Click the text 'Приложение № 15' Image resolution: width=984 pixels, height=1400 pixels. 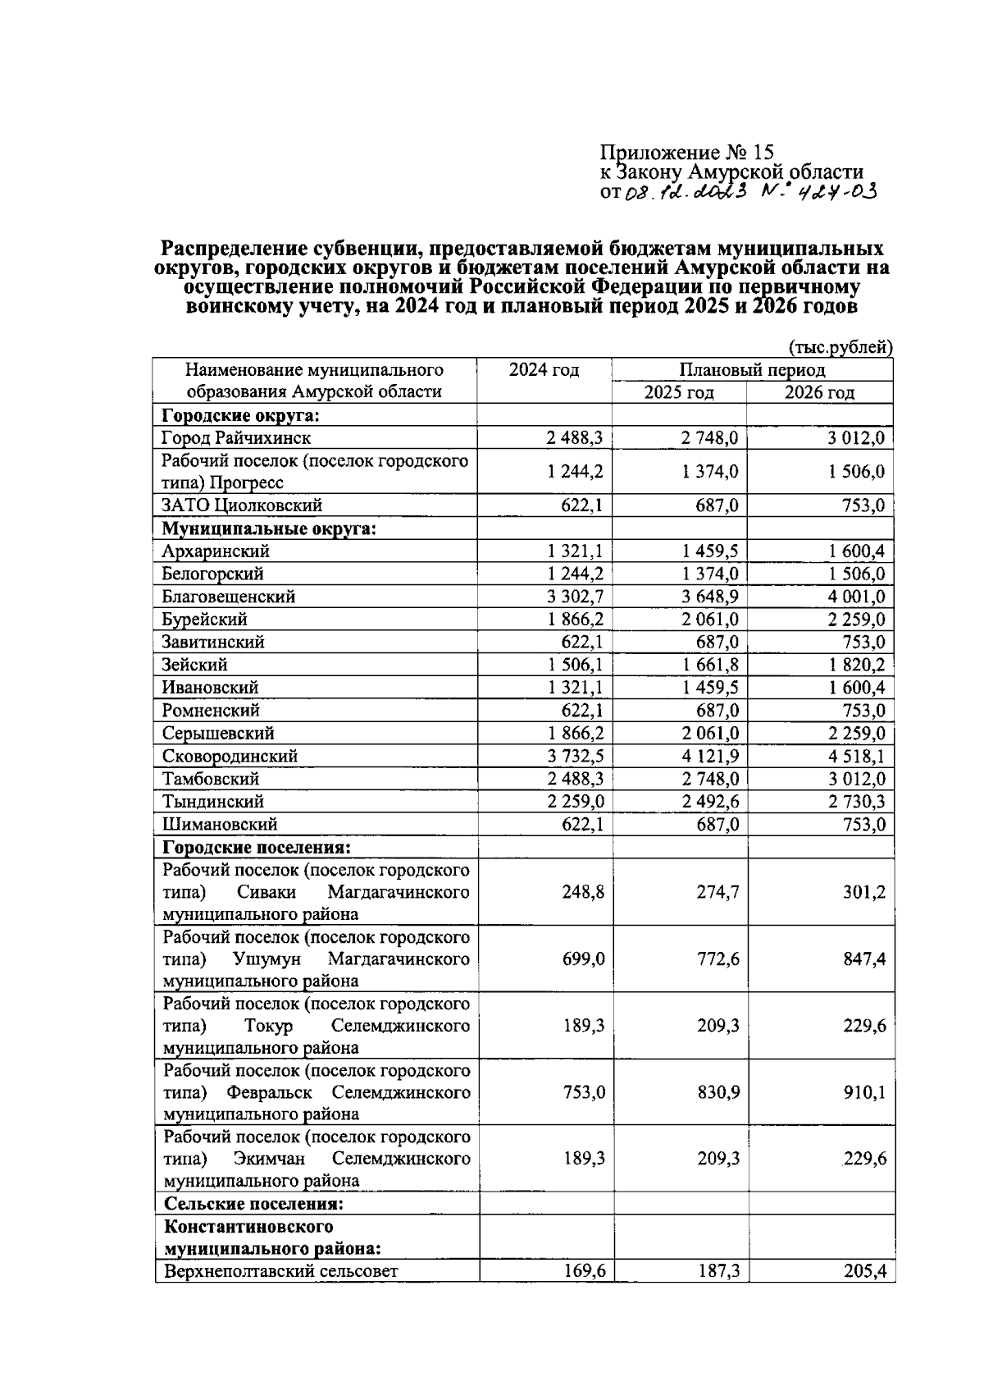(x=686, y=153)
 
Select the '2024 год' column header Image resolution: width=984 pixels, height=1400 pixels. (x=544, y=370)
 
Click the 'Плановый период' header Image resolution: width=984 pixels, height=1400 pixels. (x=752, y=370)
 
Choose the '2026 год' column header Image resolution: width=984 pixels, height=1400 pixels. (x=819, y=392)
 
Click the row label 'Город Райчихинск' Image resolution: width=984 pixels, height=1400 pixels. (x=236, y=438)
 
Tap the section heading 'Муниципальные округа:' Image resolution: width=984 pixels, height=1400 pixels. (x=269, y=528)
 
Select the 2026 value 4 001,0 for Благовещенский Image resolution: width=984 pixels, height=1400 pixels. (x=855, y=597)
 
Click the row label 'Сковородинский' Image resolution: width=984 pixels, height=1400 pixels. (x=230, y=756)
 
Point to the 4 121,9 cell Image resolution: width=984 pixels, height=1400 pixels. (x=709, y=756)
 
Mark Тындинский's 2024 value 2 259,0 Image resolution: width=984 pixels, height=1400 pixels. (x=576, y=801)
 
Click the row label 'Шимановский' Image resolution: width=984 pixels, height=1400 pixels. (x=220, y=824)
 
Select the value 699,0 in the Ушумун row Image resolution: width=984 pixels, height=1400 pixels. (x=584, y=958)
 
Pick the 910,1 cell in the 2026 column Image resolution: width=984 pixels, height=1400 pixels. (x=864, y=1092)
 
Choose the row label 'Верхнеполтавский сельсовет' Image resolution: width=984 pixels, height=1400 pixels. (x=281, y=1272)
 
